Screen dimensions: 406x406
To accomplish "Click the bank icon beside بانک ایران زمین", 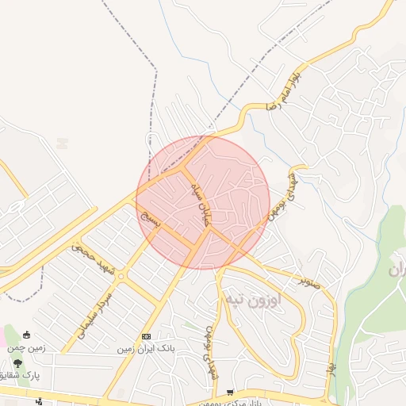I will [146, 336].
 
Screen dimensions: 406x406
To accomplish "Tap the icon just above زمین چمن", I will [28, 335].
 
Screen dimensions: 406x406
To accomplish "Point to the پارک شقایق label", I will [20, 374].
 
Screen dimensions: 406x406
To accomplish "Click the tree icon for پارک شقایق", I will [17, 362].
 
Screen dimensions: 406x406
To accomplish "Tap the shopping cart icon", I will [230, 392].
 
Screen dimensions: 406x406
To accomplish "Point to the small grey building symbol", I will [62, 144].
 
